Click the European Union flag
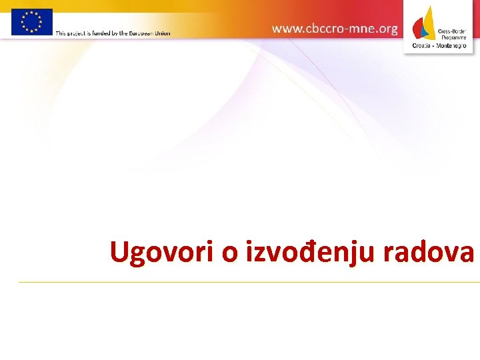pyautogui.click(x=31, y=21)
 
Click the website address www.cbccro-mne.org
pyautogui.click(x=335, y=29)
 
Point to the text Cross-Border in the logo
pyautogui.click(x=451, y=31)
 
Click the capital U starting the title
pyautogui.click(x=119, y=253)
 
